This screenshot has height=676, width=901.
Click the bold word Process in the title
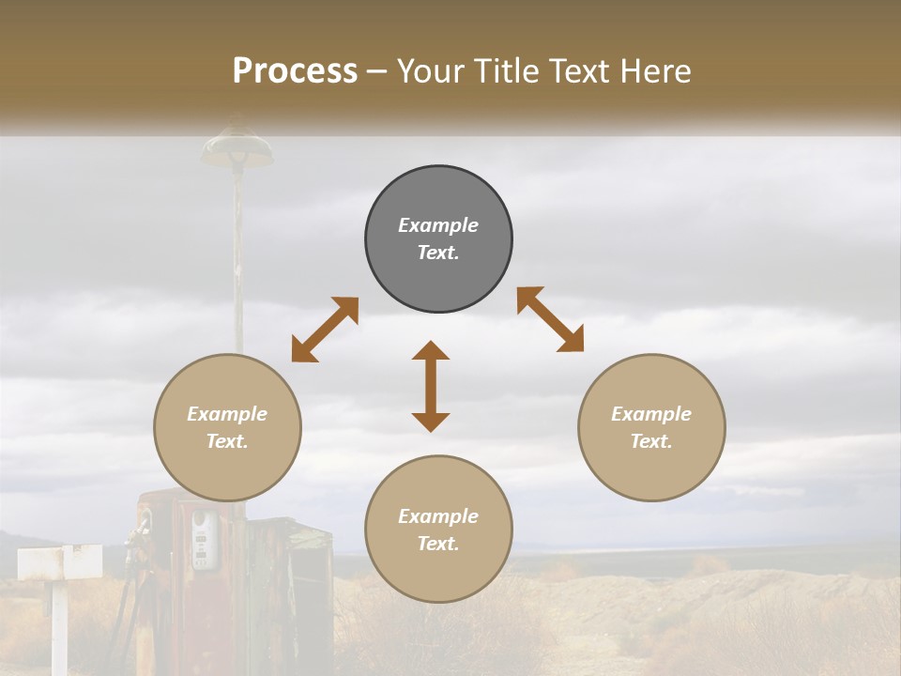[295, 70]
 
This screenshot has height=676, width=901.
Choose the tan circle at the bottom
[438, 573]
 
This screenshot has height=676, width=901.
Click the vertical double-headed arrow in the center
[431, 386]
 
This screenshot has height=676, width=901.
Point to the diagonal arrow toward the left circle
[325, 330]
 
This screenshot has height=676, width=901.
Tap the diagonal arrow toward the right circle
[551, 319]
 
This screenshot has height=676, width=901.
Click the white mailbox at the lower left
[60, 562]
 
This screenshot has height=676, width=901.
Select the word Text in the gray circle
[437, 253]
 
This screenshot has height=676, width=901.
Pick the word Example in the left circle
[227, 414]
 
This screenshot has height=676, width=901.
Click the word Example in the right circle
[651, 414]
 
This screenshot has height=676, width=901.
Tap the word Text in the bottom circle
[437, 544]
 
